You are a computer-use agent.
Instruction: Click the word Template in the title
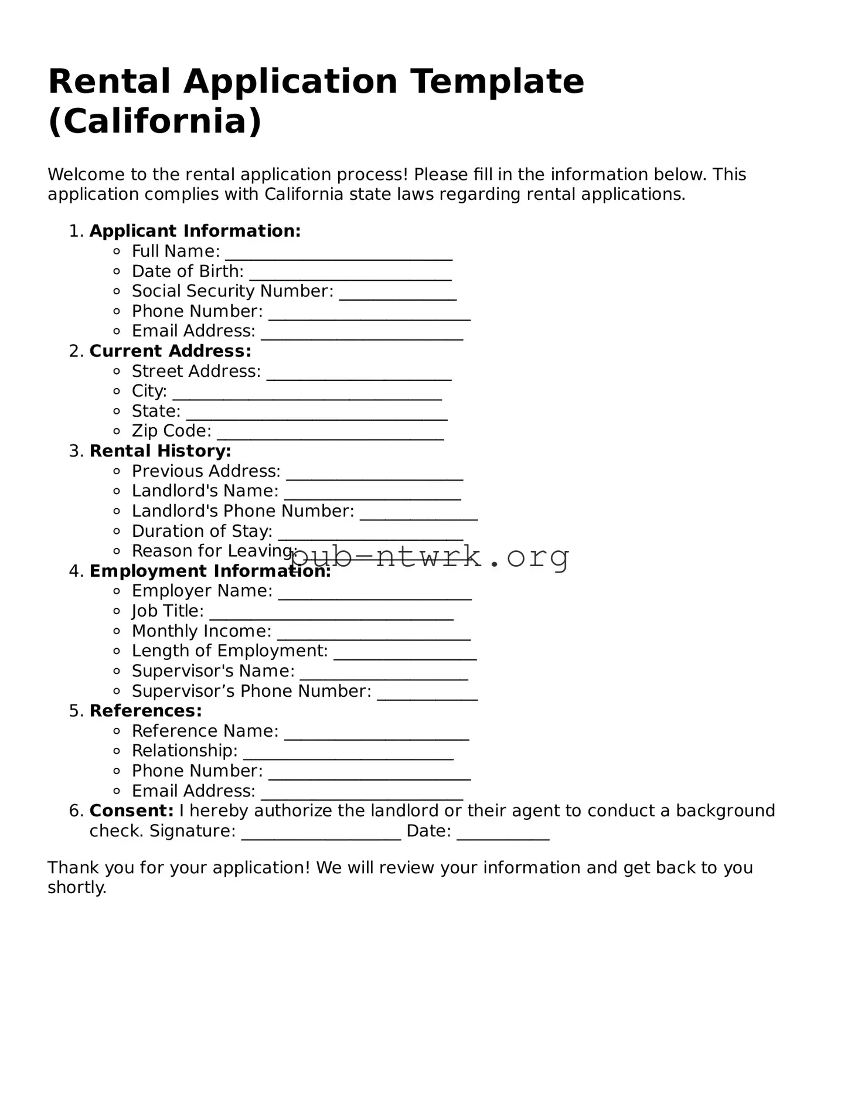(x=497, y=81)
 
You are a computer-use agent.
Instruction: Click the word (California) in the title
(x=155, y=121)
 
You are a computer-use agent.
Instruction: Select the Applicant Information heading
(x=195, y=231)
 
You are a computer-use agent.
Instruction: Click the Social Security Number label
(x=232, y=291)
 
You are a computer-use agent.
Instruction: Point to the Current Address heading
(x=170, y=351)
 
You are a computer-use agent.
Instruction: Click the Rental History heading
(x=160, y=451)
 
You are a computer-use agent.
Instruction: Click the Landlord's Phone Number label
(x=243, y=511)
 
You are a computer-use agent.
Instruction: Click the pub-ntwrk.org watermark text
(x=430, y=557)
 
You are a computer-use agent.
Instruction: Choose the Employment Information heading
(x=210, y=571)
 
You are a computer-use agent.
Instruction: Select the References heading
(x=145, y=711)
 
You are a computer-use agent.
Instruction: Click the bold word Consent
(x=131, y=811)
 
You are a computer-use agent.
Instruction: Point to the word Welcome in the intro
(x=86, y=175)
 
